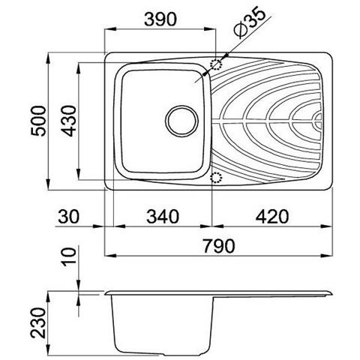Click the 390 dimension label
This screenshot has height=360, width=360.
[160, 19]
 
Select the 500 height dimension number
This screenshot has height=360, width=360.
[39, 121]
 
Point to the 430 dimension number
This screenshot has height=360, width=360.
[68, 121]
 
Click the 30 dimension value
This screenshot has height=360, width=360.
[68, 217]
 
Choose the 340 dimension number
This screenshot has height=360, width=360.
[163, 217]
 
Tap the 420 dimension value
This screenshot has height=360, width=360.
[272, 217]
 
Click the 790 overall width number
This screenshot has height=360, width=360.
[219, 246]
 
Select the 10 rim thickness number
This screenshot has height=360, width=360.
[69, 256]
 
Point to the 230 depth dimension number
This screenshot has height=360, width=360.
[39, 322]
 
